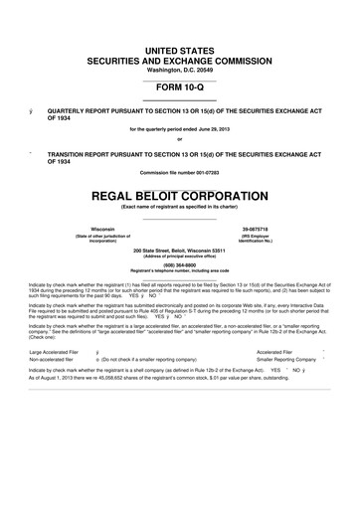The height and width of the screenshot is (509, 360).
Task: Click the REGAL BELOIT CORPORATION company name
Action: tap(180, 190)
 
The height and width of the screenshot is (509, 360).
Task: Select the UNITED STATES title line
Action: tap(180, 49)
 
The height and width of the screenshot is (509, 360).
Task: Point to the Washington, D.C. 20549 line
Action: tap(180, 70)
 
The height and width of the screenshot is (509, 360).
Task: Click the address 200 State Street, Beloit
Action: tap(180, 251)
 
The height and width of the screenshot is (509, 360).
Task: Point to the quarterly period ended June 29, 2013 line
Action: tap(180, 129)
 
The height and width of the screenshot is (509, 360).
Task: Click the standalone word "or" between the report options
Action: tap(180, 138)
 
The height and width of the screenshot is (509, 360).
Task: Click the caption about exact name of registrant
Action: tap(180, 205)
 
